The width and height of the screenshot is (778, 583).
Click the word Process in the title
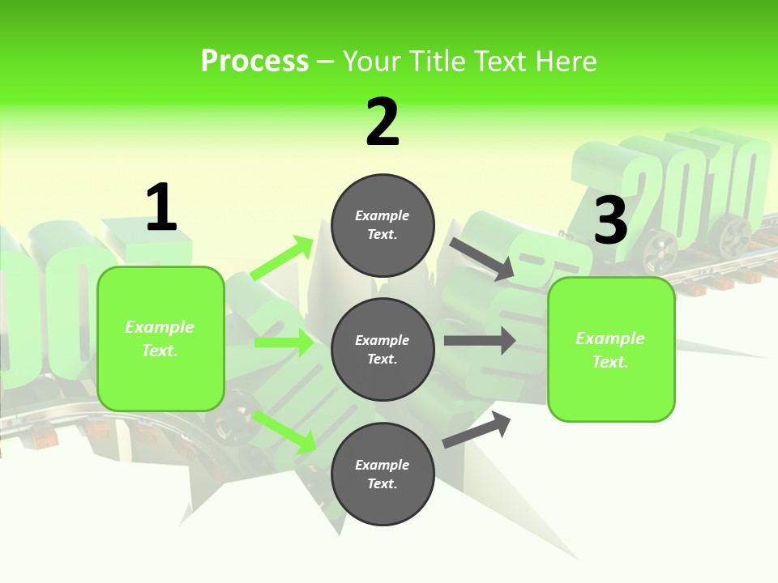[254, 62]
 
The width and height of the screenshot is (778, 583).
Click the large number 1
[161, 207]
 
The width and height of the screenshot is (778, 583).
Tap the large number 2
[383, 122]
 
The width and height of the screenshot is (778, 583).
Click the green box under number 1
[160, 338]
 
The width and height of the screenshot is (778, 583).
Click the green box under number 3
[611, 350]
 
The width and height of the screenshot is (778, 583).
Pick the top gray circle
[383, 225]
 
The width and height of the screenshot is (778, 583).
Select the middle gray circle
[383, 349]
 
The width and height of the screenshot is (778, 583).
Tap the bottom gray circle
[383, 474]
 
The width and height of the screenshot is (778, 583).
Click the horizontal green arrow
[284, 343]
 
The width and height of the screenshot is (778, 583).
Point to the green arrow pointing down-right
[284, 432]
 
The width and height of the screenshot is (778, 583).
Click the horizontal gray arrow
[480, 340]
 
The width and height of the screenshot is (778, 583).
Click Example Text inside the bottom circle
[383, 474]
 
